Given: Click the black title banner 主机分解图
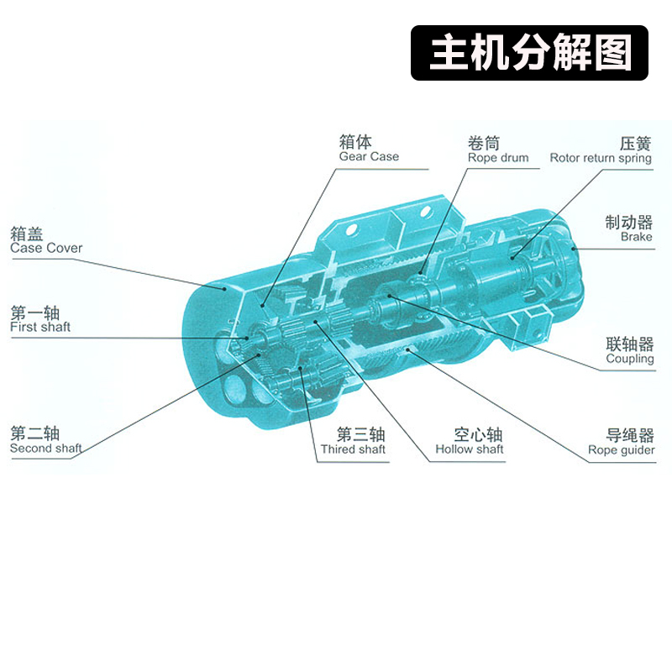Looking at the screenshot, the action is point(530,53).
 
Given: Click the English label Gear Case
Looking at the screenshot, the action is point(369,157).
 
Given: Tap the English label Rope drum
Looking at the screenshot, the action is point(498,158).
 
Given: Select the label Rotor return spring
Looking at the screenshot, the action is point(600,158).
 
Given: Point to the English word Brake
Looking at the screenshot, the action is point(636,237).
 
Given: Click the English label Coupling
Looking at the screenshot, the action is point(629,359).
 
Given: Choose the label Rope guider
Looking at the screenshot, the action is point(621,450).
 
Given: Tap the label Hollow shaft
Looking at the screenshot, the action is point(469,449).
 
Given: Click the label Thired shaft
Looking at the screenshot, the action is point(353,449).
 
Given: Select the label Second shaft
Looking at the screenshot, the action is point(46,449).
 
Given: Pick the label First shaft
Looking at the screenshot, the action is point(40,327).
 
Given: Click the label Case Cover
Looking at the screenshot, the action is point(46,248).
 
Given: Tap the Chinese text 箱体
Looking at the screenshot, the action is point(355,141).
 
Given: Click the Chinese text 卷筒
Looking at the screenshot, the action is point(484,143).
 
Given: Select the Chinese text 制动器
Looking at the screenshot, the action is point(629,222).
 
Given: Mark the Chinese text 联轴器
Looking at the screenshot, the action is point(629,344).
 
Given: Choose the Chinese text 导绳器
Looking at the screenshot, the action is point(629,435).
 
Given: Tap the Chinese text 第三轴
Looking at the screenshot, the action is point(360,434).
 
